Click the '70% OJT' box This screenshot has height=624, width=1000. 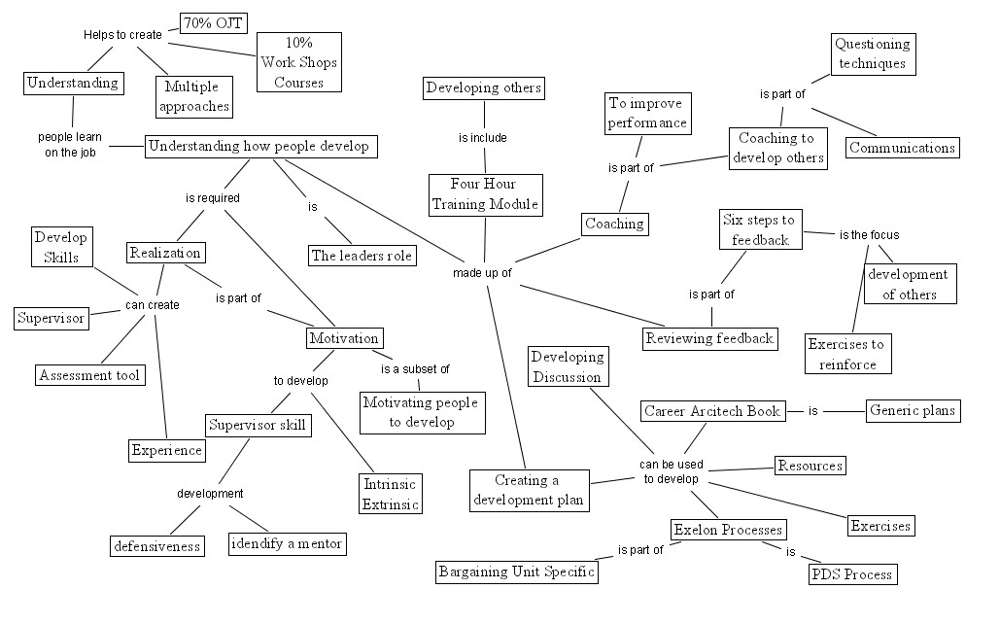pos(214,22)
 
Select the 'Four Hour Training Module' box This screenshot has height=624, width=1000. pos(485,194)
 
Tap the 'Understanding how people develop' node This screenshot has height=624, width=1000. pos(261,147)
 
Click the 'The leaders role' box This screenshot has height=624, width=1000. pos(362,256)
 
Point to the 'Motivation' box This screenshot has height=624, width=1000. pos(343,338)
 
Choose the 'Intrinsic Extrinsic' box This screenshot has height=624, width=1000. pos(391,494)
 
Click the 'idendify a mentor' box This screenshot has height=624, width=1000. pos(287,543)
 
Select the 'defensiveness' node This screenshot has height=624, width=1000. pos(155,545)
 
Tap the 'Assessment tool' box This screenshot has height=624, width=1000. pos(89,374)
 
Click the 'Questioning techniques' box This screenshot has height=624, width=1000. pos(873,53)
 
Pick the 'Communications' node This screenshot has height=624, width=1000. pos(902,148)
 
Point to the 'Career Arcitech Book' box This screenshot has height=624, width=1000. pos(712,411)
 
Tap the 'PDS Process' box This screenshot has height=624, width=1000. pos(851,574)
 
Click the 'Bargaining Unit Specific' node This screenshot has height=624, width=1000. pos(515,572)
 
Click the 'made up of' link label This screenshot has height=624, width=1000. pos(482,273)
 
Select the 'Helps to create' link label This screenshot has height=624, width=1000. pos(122,35)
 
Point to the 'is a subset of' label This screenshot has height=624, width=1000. pos(415,369)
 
